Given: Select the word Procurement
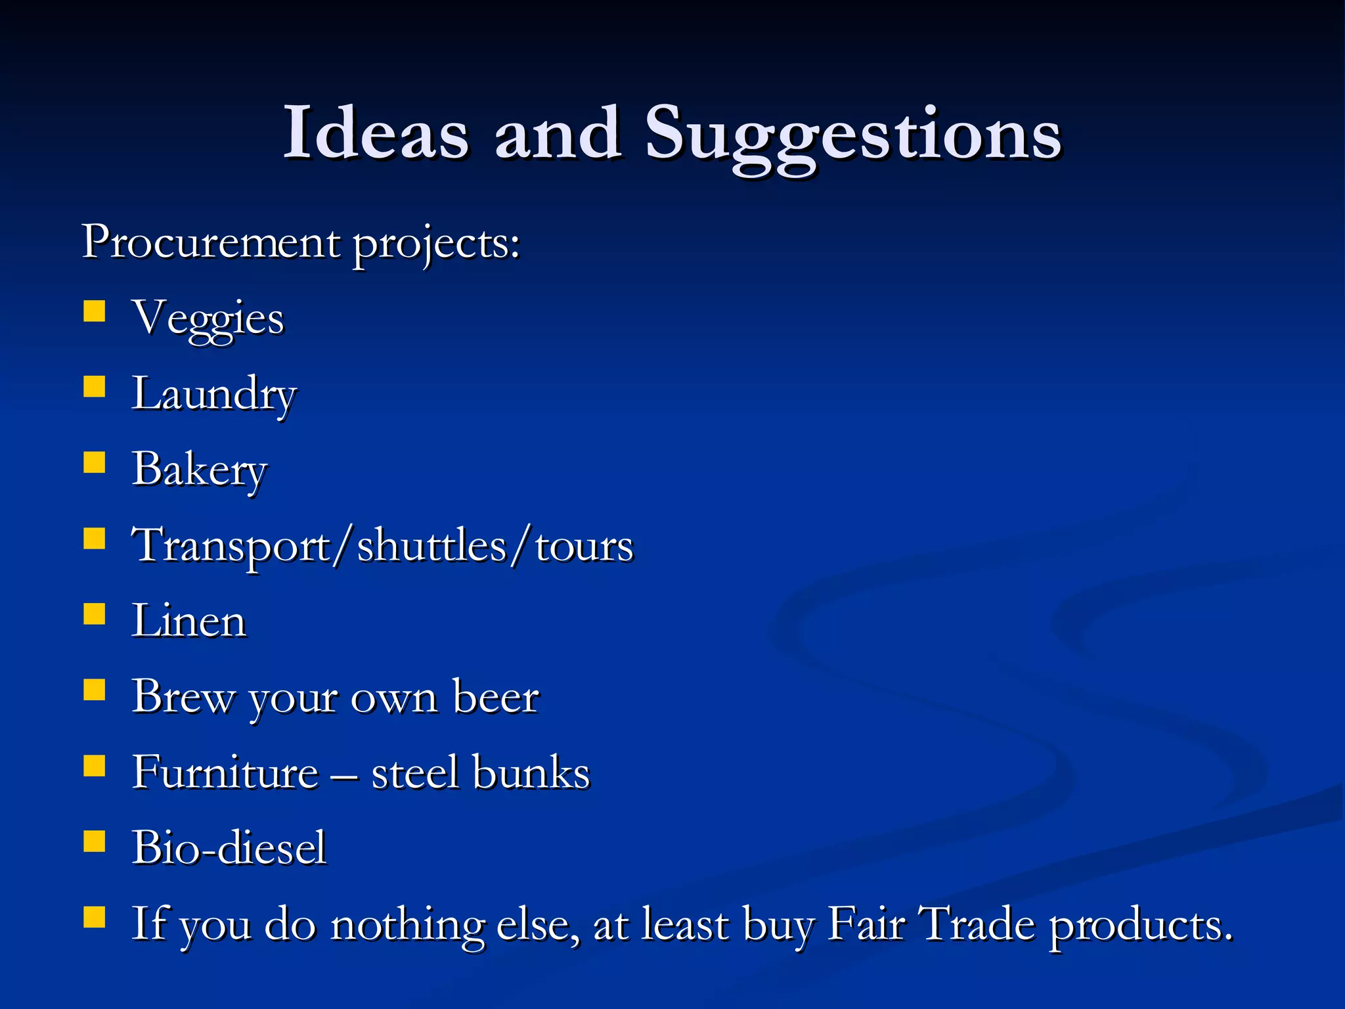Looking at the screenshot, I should (211, 242).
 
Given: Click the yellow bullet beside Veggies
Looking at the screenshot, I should (95, 311).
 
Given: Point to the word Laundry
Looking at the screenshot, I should (214, 395).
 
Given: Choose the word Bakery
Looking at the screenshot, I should (200, 470).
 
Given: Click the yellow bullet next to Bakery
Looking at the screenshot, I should (95, 462).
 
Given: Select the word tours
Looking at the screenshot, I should (584, 546).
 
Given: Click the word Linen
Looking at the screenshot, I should (189, 621).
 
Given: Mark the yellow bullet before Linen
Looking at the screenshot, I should (95, 614).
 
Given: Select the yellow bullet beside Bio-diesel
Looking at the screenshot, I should (95, 841).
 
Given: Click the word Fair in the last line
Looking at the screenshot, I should (866, 924).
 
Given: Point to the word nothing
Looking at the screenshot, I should (407, 926).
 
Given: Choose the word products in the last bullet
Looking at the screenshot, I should (1140, 926).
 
